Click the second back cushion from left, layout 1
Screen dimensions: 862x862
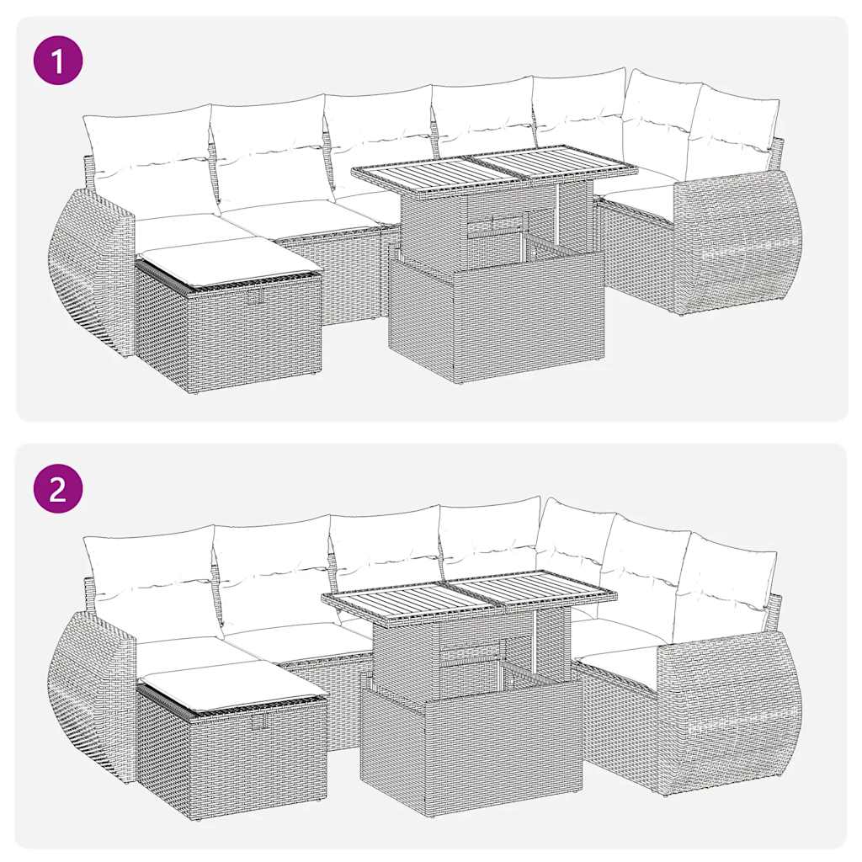pyautogui.click(x=268, y=147)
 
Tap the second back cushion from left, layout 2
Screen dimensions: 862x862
pyautogui.click(x=271, y=572)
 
